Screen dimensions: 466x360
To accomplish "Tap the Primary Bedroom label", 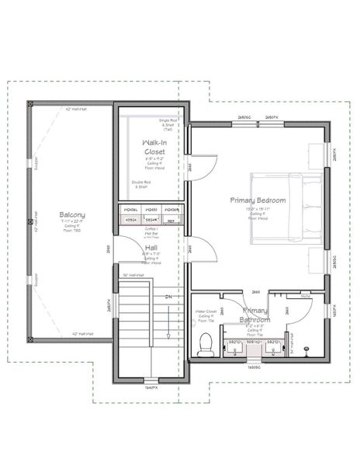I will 258,200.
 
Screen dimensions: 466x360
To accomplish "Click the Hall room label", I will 151,248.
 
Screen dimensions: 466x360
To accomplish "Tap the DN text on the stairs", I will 168,297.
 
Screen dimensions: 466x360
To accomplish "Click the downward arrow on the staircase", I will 168,322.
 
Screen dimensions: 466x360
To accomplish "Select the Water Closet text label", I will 206,312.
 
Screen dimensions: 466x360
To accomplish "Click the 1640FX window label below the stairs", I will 152,386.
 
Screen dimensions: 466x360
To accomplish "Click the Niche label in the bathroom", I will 305,296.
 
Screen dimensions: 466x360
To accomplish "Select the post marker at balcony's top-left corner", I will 29,102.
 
